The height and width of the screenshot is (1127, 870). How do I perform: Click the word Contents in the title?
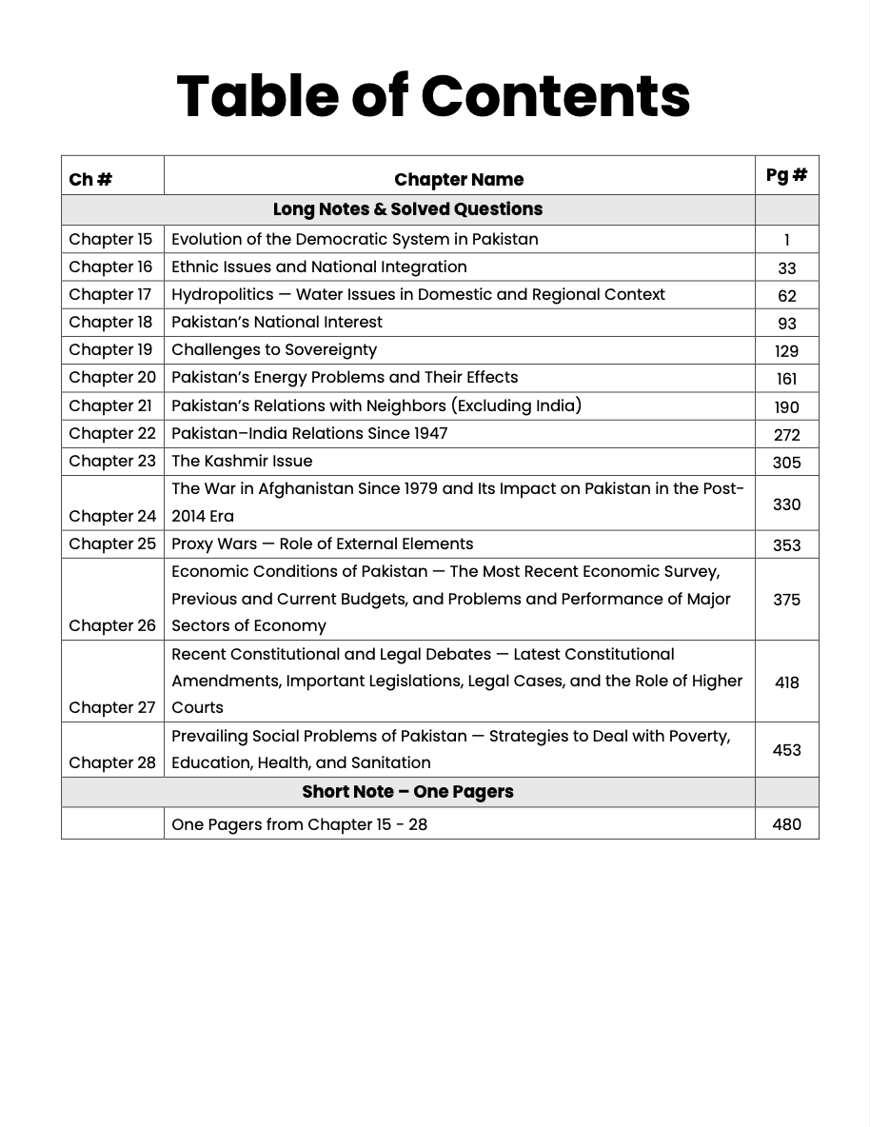click(555, 96)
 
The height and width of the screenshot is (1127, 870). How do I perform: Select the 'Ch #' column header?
click(90, 180)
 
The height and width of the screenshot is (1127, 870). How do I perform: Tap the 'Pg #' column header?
click(786, 175)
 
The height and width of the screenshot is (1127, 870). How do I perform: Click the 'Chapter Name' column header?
click(459, 180)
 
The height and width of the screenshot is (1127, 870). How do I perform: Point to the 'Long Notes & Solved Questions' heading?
click(407, 209)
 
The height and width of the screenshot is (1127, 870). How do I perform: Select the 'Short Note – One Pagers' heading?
click(407, 792)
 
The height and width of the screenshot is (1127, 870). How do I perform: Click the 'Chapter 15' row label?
click(110, 240)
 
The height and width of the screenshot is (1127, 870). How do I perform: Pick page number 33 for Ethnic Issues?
click(786, 268)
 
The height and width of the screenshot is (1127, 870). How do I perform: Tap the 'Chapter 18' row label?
click(110, 323)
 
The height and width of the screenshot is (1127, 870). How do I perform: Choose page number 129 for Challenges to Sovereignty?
click(786, 351)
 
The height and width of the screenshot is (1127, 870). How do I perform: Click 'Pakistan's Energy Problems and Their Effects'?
click(345, 378)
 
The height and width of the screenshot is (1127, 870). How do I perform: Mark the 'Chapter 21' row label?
click(110, 406)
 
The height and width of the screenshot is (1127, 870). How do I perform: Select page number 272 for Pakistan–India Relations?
click(786, 435)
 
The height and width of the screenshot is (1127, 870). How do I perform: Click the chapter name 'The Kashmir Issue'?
click(242, 462)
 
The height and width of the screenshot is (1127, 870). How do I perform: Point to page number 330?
click(786, 504)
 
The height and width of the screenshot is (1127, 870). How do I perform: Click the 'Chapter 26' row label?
click(111, 626)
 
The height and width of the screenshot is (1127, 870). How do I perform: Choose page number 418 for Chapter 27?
click(786, 682)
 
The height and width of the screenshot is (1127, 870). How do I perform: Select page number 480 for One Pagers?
click(786, 824)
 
